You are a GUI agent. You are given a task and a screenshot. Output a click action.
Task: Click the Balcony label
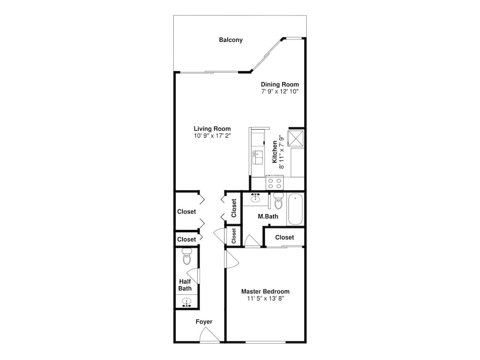point(231,40)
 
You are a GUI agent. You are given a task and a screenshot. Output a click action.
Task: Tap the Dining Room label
point(280,84)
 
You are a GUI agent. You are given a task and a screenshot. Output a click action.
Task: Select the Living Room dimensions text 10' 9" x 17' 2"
point(212,136)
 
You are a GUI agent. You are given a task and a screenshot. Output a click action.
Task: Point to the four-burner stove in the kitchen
point(275,183)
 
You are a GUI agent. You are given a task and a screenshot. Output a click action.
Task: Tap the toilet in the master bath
point(278,200)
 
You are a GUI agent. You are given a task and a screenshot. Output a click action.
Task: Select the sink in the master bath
point(255,198)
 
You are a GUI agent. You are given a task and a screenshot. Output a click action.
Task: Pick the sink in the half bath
point(186,302)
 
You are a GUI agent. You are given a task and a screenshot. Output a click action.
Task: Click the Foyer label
point(204,322)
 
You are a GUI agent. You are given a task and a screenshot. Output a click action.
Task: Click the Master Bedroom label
point(265,291)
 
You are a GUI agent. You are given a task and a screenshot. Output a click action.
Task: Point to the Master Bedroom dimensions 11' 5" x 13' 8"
point(266,299)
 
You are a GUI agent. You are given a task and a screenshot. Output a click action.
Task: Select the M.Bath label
point(268,216)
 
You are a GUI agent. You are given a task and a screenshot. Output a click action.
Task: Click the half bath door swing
point(193,276)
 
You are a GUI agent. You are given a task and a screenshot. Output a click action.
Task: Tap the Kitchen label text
point(275,152)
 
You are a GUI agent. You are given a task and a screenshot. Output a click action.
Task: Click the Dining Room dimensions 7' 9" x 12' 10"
point(280,91)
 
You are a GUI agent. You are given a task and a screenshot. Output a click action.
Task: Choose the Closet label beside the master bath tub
point(284,237)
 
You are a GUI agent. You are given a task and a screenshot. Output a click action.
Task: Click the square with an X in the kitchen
point(296,137)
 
